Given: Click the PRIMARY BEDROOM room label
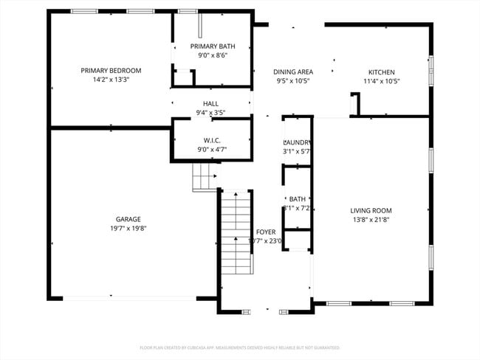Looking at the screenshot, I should pyautogui.click(x=111, y=71).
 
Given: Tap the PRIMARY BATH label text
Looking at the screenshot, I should pyautogui.click(x=212, y=46).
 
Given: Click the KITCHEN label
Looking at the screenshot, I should pyautogui.click(x=382, y=72).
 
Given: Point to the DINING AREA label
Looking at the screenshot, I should pyautogui.click(x=293, y=72).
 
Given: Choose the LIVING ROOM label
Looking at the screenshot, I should pyautogui.click(x=371, y=210).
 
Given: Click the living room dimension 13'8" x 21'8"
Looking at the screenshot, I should pyautogui.click(x=371, y=220).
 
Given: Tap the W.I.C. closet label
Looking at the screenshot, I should pyautogui.click(x=212, y=140).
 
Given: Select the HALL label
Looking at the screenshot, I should pyautogui.click(x=210, y=103).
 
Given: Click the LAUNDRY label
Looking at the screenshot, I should pyautogui.click(x=297, y=142).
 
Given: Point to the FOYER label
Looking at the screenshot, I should pyautogui.click(x=265, y=232).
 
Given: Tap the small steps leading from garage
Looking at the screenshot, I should pyautogui.click(x=206, y=177).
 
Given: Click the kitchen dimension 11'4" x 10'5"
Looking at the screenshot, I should pyautogui.click(x=382, y=81).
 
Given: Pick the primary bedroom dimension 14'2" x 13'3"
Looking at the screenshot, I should pyautogui.click(x=111, y=80).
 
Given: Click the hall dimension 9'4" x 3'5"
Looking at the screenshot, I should pyautogui.click(x=210, y=113).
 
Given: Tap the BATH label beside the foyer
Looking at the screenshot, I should pyautogui.click(x=297, y=199).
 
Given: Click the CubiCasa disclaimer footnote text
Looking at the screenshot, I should pyautogui.click(x=239, y=347).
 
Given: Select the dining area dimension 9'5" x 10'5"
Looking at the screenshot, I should pyautogui.click(x=293, y=81).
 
